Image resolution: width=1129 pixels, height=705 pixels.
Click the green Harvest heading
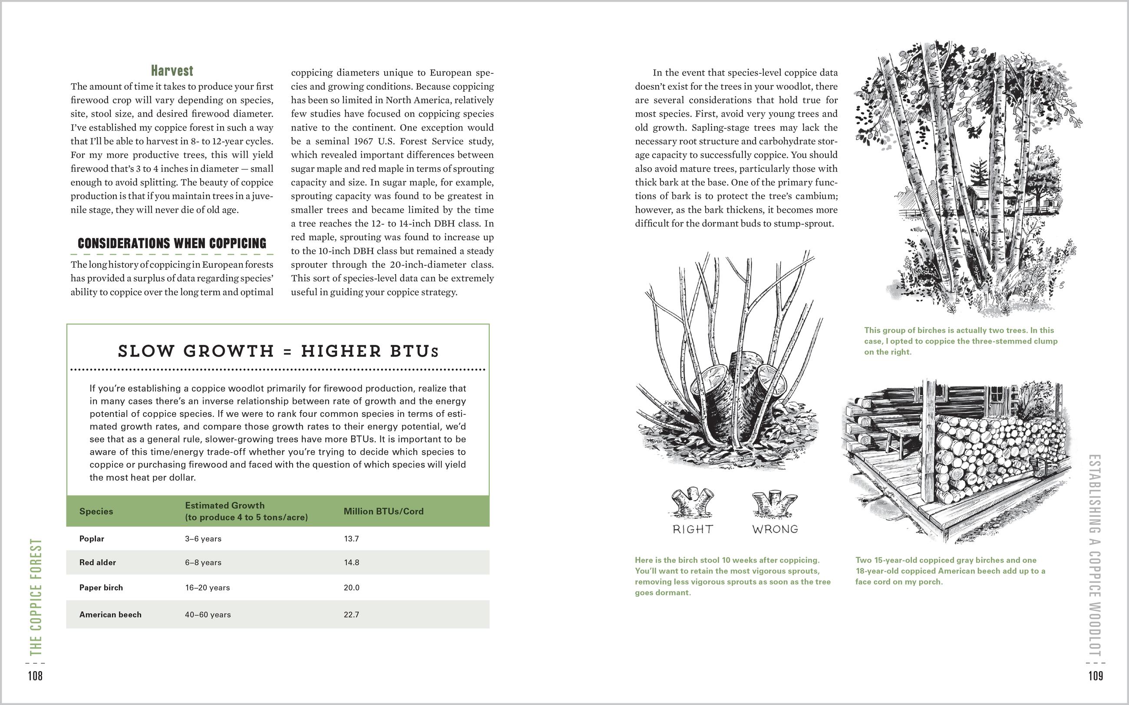point(172,71)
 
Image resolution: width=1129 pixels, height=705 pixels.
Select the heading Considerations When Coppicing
point(172,243)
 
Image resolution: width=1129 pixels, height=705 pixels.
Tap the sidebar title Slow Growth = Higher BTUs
point(278,351)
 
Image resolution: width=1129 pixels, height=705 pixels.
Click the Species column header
point(96,511)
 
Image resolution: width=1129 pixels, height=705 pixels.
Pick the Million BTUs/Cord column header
point(383,511)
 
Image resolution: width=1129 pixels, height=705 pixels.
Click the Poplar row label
point(92,538)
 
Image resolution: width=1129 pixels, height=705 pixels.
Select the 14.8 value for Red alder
point(351,562)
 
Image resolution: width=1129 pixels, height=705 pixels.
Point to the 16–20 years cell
point(207,587)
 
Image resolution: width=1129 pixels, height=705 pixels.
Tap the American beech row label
point(110,615)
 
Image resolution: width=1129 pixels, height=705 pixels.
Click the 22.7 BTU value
point(351,615)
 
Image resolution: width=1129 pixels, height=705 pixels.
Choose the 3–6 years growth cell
point(203,538)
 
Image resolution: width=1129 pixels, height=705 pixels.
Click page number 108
point(36,676)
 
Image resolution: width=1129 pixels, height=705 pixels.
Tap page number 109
point(1096,676)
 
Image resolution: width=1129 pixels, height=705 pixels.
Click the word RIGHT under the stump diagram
point(693,529)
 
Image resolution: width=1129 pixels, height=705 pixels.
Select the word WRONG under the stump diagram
point(775,529)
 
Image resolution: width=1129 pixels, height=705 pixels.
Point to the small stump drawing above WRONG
point(774,504)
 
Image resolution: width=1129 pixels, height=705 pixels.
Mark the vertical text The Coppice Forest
point(36,597)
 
